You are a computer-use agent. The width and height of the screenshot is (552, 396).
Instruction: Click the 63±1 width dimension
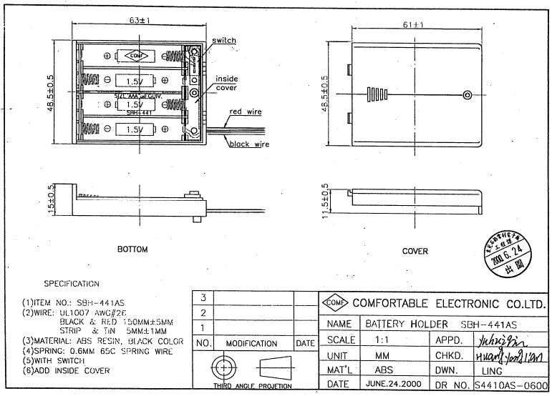139,20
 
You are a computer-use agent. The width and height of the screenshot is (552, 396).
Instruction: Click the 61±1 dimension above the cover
413,25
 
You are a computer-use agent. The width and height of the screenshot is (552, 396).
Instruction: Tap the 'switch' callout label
224,41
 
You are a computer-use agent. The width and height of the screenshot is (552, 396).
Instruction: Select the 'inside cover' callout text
226,83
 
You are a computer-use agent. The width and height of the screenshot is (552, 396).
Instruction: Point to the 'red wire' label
246,112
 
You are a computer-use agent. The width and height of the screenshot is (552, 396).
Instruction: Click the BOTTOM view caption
132,249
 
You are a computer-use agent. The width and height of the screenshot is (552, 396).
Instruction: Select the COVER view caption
415,251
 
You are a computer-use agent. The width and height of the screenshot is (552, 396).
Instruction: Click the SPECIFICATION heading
72,284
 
